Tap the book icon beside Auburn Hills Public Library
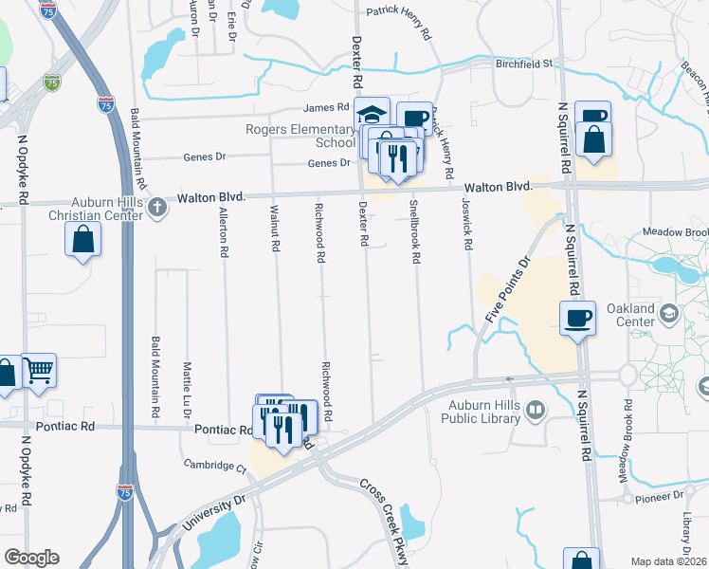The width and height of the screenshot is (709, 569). (x=536, y=410)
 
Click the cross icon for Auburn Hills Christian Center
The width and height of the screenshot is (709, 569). (x=156, y=210)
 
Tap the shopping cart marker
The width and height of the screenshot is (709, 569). (x=38, y=370)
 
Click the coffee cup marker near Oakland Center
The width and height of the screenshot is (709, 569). (x=577, y=318)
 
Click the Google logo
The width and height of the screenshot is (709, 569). (x=31, y=557)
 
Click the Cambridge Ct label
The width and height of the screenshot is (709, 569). (x=215, y=467)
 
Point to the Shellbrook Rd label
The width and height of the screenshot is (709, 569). (x=414, y=230)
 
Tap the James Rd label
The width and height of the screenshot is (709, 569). (x=327, y=108)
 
